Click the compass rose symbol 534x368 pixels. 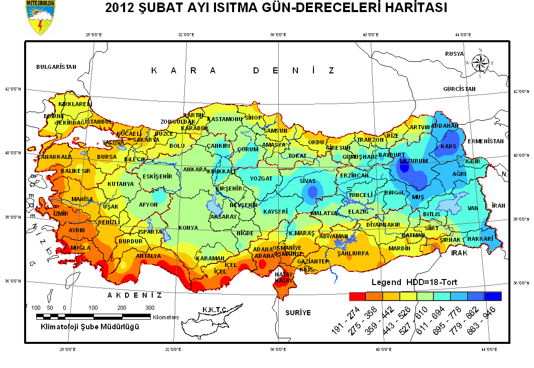click(481, 62)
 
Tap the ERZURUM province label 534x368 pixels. click(413, 161)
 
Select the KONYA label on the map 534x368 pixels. click(188, 227)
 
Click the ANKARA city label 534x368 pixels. click(195, 170)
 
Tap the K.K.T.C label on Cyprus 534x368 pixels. click(215, 309)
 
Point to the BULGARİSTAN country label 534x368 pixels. click(56, 66)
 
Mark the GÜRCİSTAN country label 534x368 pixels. click(459, 88)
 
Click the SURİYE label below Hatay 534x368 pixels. click(298, 312)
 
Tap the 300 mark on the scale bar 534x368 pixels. click(150, 307)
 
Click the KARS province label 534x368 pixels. click(447, 146)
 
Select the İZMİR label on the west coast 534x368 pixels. click(60, 214)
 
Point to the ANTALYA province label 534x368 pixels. click(149, 256)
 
